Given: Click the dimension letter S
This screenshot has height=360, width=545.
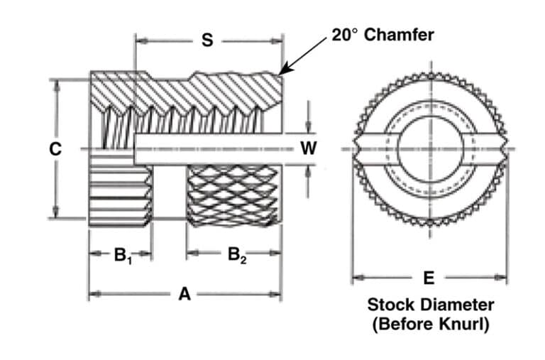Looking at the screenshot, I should (207, 40).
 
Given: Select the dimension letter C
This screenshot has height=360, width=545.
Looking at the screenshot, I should (54, 149).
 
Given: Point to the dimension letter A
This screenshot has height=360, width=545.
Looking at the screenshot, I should (184, 294).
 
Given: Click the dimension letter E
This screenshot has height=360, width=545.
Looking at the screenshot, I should (429, 278).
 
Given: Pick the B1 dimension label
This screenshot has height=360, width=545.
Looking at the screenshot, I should (121, 256).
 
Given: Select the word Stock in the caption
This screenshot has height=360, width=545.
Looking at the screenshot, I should (390, 305).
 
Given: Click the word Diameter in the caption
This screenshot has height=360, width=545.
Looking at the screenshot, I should (457, 305).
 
